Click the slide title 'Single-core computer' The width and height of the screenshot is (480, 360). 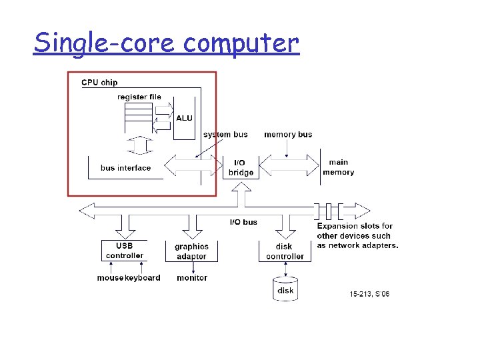pyautogui.click(x=167, y=43)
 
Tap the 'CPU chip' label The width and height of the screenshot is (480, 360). pyautogui.click(x=99, y=83)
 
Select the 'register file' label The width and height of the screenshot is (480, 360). pyautogui.click(x=139, y=97)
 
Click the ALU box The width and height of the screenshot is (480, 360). pyautogui.click(x=184, y=119)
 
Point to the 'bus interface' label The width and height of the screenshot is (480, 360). pyautogui.click(x=126, y=168)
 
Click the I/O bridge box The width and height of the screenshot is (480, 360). pyautogui.click(x=241, y=167)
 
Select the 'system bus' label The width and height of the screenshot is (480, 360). pyautogui.click(x=225, y=135)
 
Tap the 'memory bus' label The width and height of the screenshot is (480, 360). pyautogui.click(x=288, y=135)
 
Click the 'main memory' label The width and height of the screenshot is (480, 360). pyautogui.click(x=339, y=167)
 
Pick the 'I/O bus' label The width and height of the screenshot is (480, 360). pyautogui.click(x=243, y=222)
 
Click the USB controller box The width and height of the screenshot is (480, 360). pyautogui.click(x=125, y=250)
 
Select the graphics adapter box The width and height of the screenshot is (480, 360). pyautogui.click(x=191, y=251)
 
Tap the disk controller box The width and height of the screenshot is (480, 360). pyautogui.click(x=285, y=251)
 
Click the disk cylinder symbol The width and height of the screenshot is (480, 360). pyautogui.click(x=285, y=289)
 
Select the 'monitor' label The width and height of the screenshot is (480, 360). pyautogui.click(x=192, y=278)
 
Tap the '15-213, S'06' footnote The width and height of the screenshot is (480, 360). pyautogui.click(x=370, y=294)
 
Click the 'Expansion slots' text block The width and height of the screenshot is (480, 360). pyautogui.click(x=357, y=236)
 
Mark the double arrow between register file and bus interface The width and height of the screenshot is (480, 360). pyautogui.click(x=137, y=144)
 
